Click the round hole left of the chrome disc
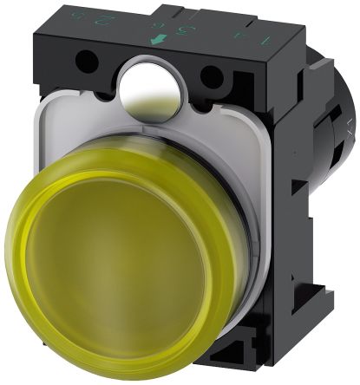pos(87,62)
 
